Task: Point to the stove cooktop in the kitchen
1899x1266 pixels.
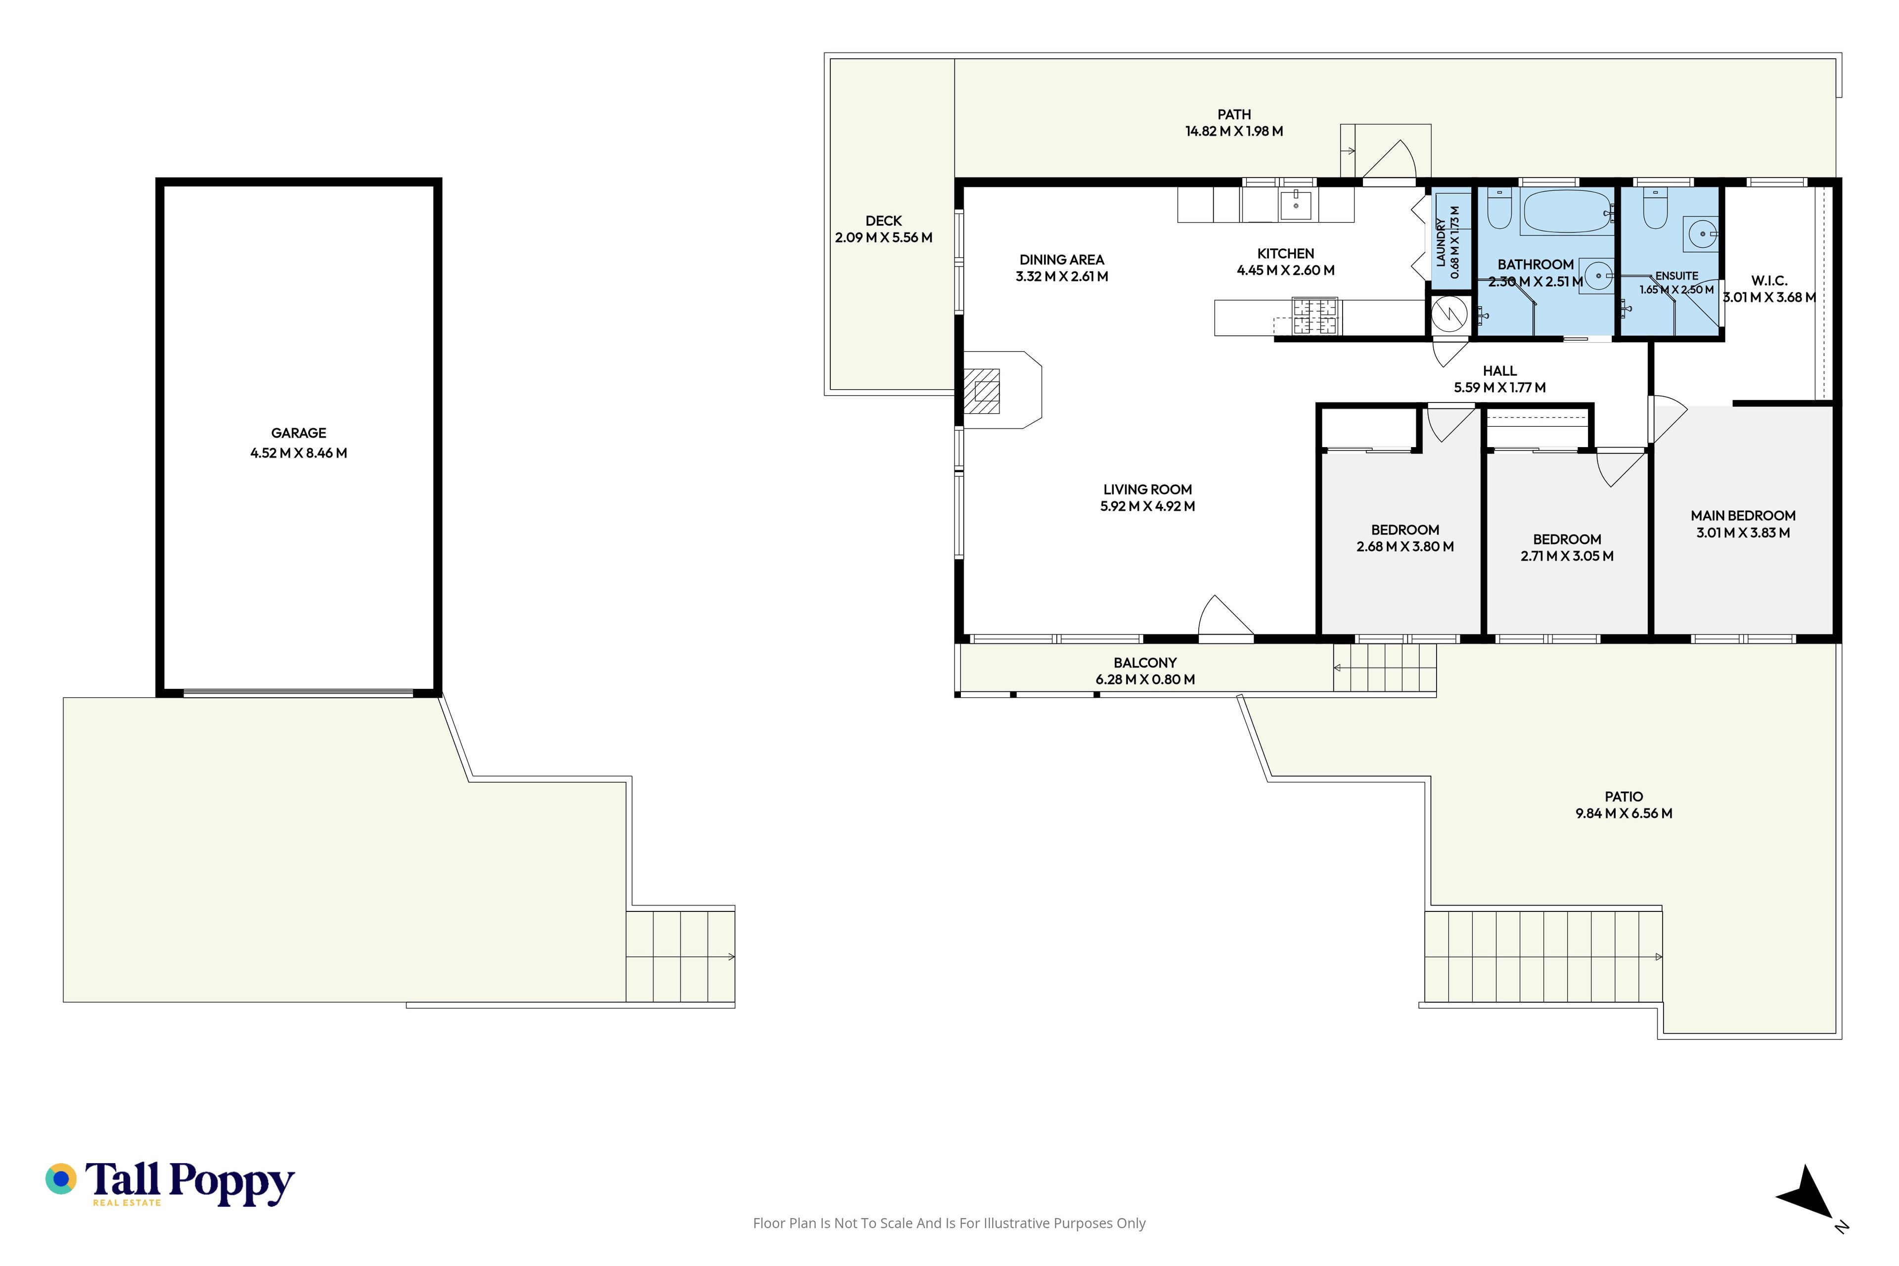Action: click(1315, 316)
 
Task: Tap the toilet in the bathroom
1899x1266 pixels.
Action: click(1499, 208)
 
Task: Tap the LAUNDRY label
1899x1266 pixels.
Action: click(1441, 242)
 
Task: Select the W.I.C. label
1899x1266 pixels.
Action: click(1769, 281)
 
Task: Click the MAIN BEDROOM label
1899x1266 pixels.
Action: click(1743, 516)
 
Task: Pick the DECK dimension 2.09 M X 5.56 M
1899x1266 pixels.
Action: click(883, 237)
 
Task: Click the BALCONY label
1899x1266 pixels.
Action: click(1145, 663)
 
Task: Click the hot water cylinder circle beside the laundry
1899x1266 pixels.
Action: click(1449, 315)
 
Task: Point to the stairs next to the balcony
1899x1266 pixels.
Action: click(1385, 668)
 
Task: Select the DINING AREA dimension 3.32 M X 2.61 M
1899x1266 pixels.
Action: click(1062, 276)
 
